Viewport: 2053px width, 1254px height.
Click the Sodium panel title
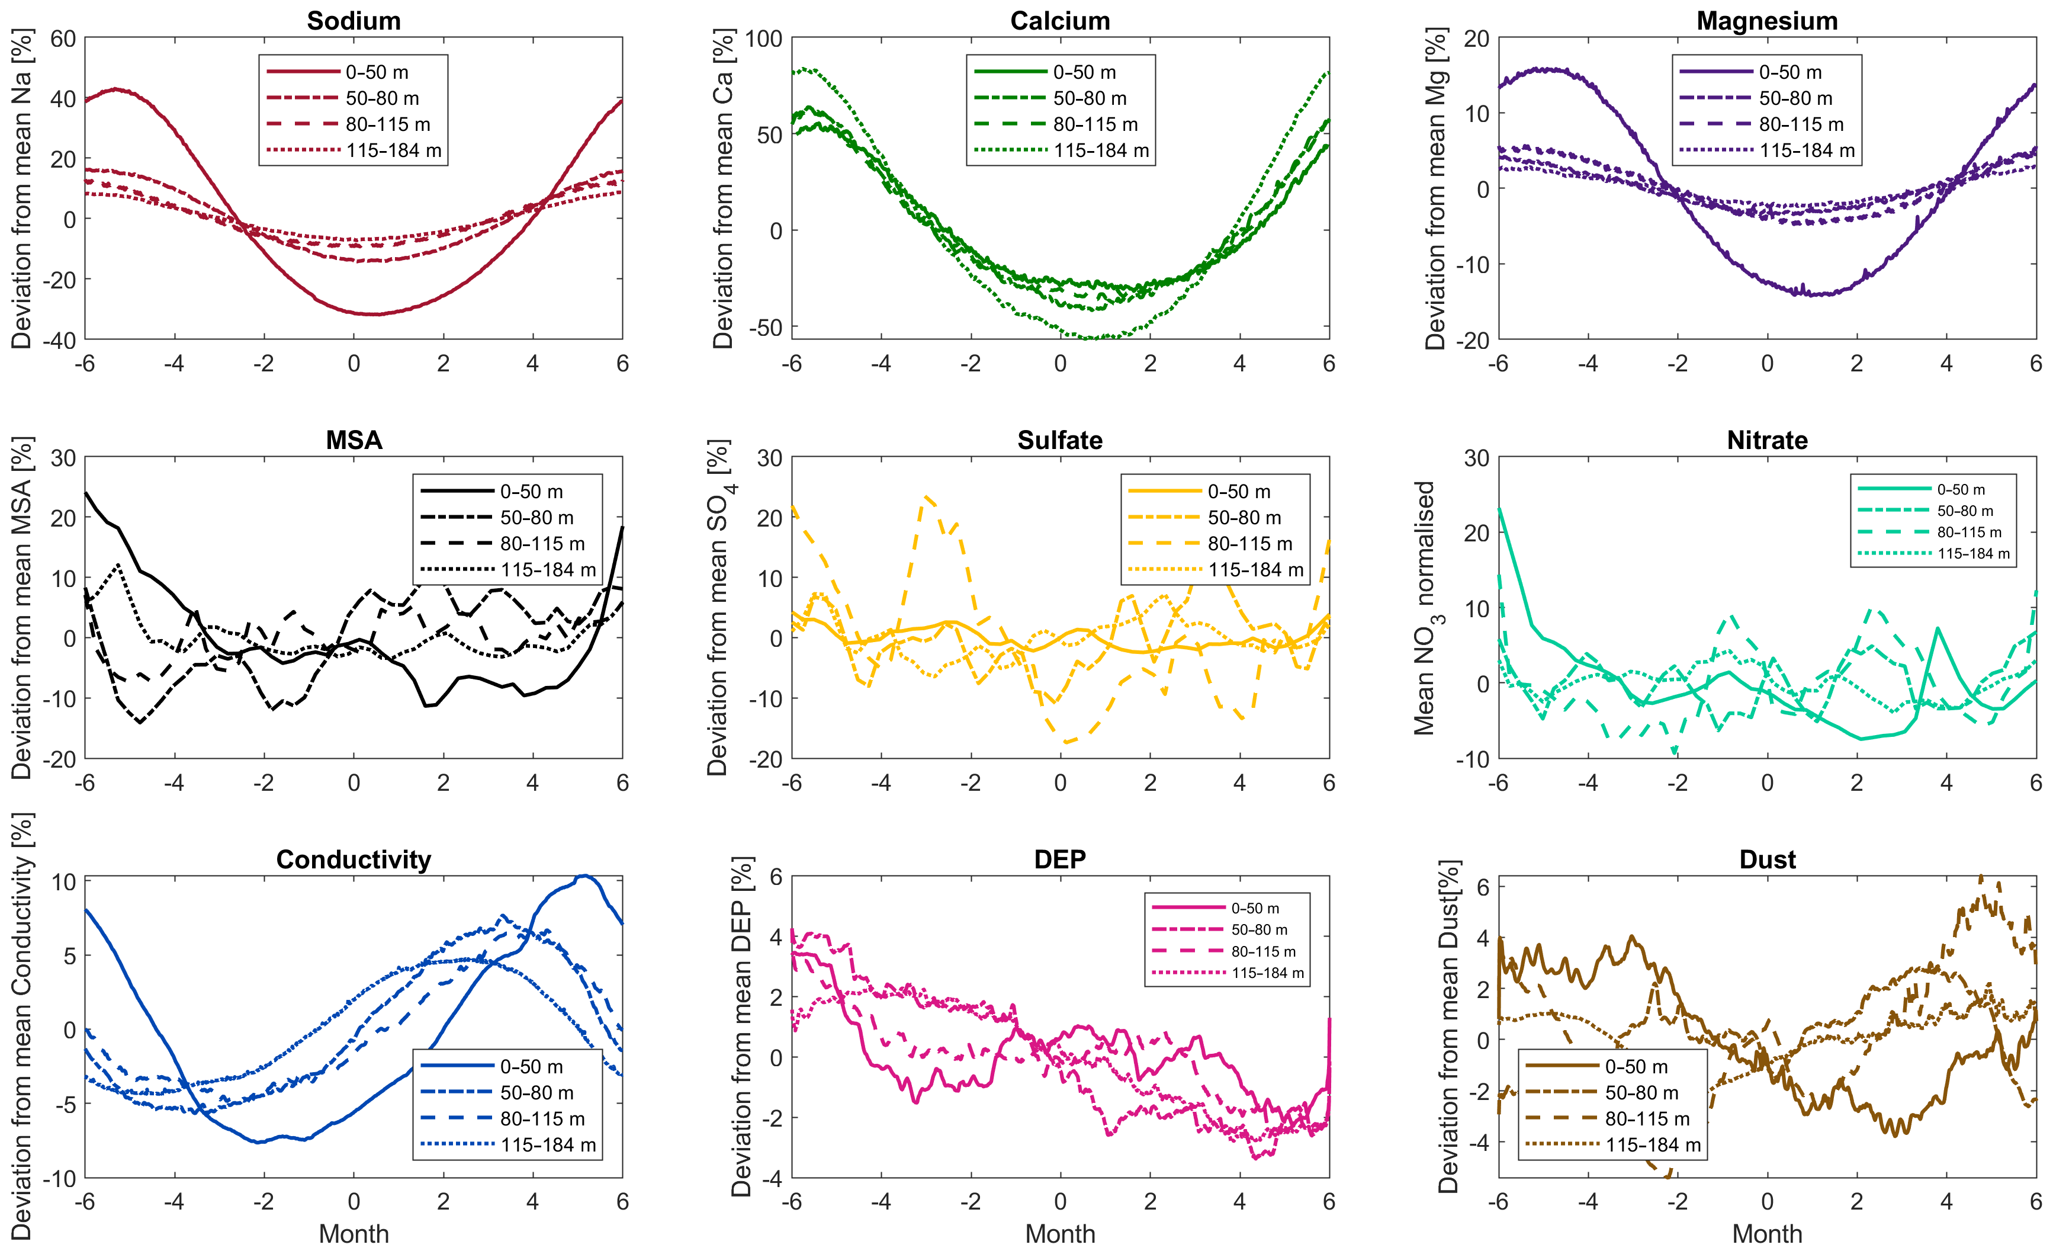354,21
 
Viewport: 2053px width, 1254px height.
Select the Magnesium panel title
1766,21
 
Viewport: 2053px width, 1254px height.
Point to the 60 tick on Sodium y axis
63,39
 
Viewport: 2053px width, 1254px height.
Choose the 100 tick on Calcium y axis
763,39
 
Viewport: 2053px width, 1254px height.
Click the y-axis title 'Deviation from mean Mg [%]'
1435,188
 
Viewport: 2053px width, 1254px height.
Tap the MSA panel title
354,440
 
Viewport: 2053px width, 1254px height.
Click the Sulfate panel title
1060,440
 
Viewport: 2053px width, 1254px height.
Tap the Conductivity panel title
354,859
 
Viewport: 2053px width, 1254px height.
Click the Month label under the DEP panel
1060,1234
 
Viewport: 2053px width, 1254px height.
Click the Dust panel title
1766,859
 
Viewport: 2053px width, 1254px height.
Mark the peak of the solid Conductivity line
584,875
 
